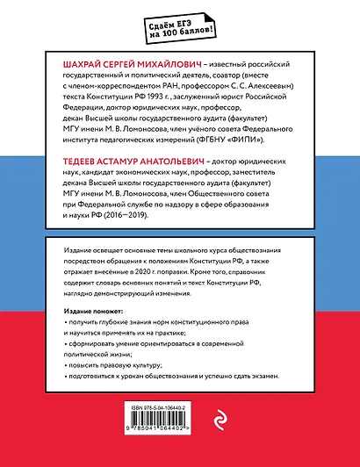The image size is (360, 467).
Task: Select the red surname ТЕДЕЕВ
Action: coord(81,163)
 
